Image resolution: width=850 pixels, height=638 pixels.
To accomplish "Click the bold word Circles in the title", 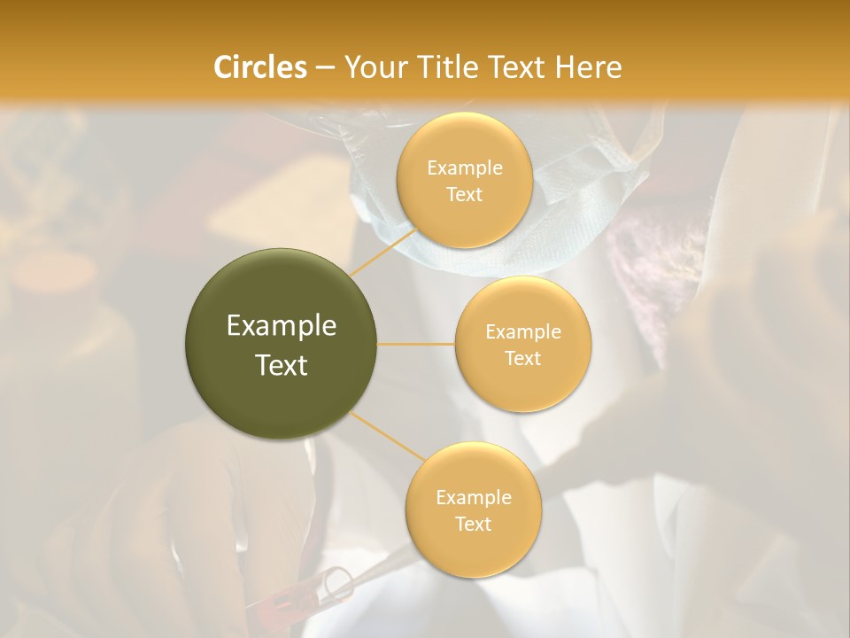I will pyautogui.click(x=260, y=67).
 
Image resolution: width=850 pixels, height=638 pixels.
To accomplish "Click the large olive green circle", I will pyautogui.click(x=282, y=344).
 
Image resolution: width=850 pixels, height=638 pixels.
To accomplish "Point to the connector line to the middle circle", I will pyautogui.click(x=416, y=344).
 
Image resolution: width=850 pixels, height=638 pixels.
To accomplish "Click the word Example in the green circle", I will pyautogui.click(x=282, y=326).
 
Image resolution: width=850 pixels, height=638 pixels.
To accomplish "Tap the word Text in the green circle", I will pyautogui.click(x=282, y=365).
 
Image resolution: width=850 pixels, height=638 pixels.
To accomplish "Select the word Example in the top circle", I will pyautogui.click(x=464, y=167).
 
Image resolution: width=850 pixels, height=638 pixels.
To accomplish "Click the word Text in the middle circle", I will pyautogui.click(x=523, y=358).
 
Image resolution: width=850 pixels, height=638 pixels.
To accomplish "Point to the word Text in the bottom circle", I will pyautogui.click(x=473, y=524).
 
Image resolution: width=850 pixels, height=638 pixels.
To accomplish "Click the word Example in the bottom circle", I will pyautogui.click(x=473, y=498).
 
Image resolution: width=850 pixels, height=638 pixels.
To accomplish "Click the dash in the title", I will pyautogui.click(x=325, y=67).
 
